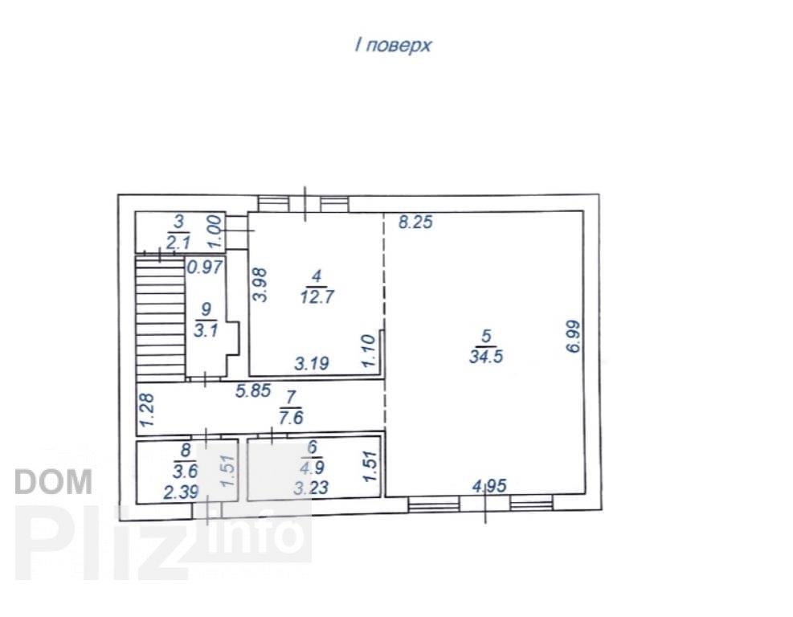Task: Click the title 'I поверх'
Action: point(393,46)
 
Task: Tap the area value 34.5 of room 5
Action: point(486,357)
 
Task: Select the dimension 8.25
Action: point(415,222)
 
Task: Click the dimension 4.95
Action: point(489,486)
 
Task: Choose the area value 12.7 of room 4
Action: point(317,296)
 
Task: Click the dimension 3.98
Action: point(260,284)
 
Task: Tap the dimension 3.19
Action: point(312,363)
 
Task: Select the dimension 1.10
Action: point(369,351)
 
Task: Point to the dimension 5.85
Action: point(253,390)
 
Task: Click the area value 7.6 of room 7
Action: point(291,419)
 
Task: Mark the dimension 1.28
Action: point(147,411)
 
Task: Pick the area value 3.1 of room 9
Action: point(206,331)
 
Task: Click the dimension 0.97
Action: point(205,267)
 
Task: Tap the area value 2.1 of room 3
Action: point(178,243)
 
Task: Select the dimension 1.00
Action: point(216,231)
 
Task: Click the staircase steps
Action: point(161,318)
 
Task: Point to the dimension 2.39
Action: point(181,492)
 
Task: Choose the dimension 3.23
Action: point(311,488)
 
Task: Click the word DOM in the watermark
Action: point(54,482)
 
